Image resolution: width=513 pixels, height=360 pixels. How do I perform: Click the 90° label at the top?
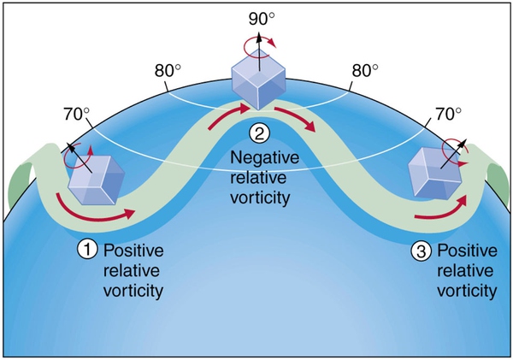coord(262,19)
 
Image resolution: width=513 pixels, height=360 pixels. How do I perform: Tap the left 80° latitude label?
coord(168,70)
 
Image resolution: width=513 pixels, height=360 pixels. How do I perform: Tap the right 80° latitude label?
coord(365,70)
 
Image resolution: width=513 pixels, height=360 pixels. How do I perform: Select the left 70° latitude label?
coord(77,114)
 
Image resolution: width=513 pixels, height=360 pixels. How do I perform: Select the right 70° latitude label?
coord(449,114)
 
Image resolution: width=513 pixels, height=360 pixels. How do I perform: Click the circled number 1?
coord(87,250)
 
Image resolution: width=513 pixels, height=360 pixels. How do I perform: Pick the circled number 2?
coord(259,133)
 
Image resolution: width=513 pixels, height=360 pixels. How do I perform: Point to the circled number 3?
coord(421,251)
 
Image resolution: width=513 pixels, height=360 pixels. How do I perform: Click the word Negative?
coord(265,157)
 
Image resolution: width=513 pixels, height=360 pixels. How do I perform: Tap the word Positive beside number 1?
coord(133,251)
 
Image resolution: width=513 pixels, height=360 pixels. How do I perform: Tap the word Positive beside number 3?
coord(467,251)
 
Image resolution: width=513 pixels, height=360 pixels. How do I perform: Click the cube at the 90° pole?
coord(258,83)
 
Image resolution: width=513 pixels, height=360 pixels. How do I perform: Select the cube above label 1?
coord(96,180)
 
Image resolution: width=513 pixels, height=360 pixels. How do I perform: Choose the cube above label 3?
coord(435,173)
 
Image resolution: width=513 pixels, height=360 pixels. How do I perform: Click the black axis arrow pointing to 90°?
coord(259,51)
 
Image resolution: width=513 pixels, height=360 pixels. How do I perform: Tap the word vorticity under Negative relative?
coord(260,198)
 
